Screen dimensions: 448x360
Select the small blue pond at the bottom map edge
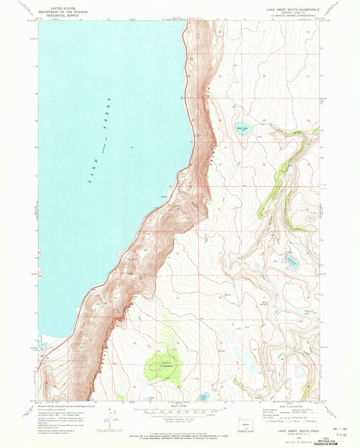(x=205, y=397)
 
